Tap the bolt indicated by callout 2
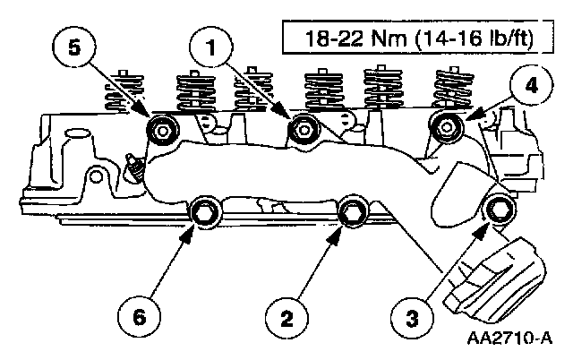[x=352, y=211]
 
